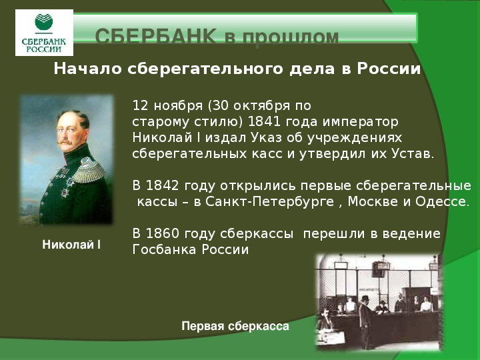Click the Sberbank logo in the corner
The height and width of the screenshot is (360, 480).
[x=44, y=33]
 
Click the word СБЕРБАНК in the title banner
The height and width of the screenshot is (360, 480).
[x=156, y=37]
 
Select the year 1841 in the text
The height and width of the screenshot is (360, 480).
[x=264, y=121]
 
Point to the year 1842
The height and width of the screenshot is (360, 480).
[x=162, y=186]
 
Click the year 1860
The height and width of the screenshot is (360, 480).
[x=162, y=233]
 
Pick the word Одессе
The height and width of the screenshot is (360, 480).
[x=442, y=202]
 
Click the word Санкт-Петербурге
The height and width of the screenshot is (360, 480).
[x=269, y=202]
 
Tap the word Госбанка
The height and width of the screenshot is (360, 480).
[x=164, y=249]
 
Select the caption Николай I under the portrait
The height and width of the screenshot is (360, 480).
[x=71, y=245]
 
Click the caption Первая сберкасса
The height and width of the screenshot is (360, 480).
[x=235, y=326]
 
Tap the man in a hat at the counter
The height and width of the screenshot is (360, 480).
[x=365, y=322]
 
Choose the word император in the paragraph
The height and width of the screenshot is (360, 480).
[x=360, y=122]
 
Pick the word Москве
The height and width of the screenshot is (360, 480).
[x=375, y=202]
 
